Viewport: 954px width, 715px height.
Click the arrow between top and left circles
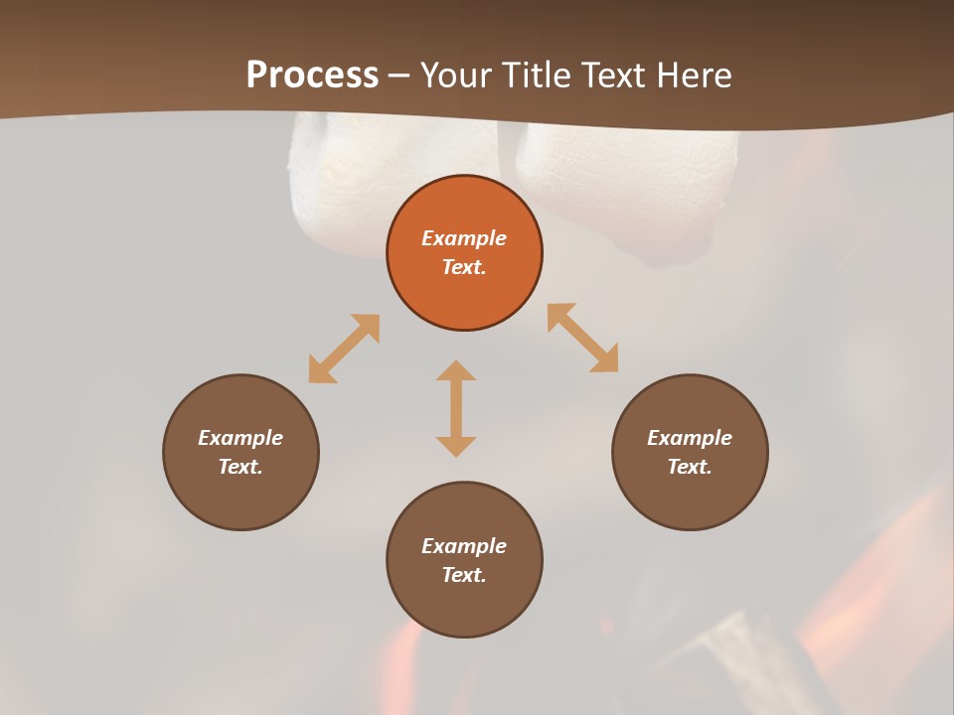[x=344, y=349]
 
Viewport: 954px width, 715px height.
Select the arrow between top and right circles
[x=582, y=338]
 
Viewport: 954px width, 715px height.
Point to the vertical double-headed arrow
[x=456, y=408]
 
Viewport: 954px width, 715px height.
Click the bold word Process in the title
[x=312, y=75]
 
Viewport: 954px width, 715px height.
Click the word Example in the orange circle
[x=464, y=238]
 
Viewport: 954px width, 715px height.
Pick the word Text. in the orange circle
[x=464, y=267]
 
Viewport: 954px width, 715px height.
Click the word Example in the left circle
[x=240, y=438]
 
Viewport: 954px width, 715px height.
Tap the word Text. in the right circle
[x=690, y=467]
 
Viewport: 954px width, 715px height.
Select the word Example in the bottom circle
[x=464, y=546]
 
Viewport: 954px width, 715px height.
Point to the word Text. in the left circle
[x=240, y=467]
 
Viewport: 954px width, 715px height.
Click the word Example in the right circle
[x=690, y=438]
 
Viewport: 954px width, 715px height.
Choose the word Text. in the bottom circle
[x=464, y=575]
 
